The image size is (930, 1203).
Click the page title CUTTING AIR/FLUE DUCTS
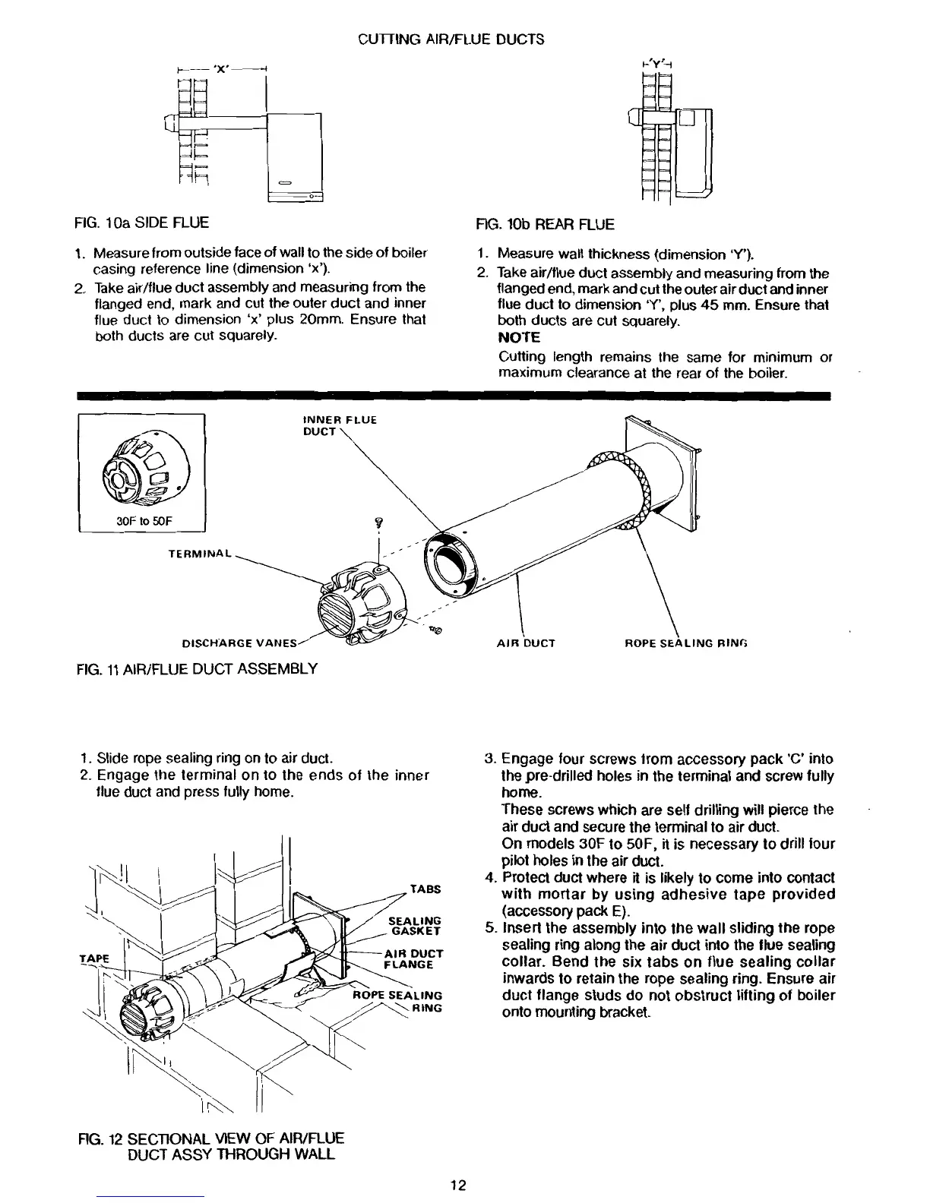[451, 39]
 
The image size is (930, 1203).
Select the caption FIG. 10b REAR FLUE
[544, 224]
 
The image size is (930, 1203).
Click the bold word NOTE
[519, 336]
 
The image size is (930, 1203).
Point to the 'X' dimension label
[220, 68]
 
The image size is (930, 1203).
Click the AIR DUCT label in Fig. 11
[526, 643]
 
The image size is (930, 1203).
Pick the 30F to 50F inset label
[142, 522]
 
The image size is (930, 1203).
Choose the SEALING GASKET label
[414, 925]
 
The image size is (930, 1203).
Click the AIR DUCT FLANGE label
[413, 959]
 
